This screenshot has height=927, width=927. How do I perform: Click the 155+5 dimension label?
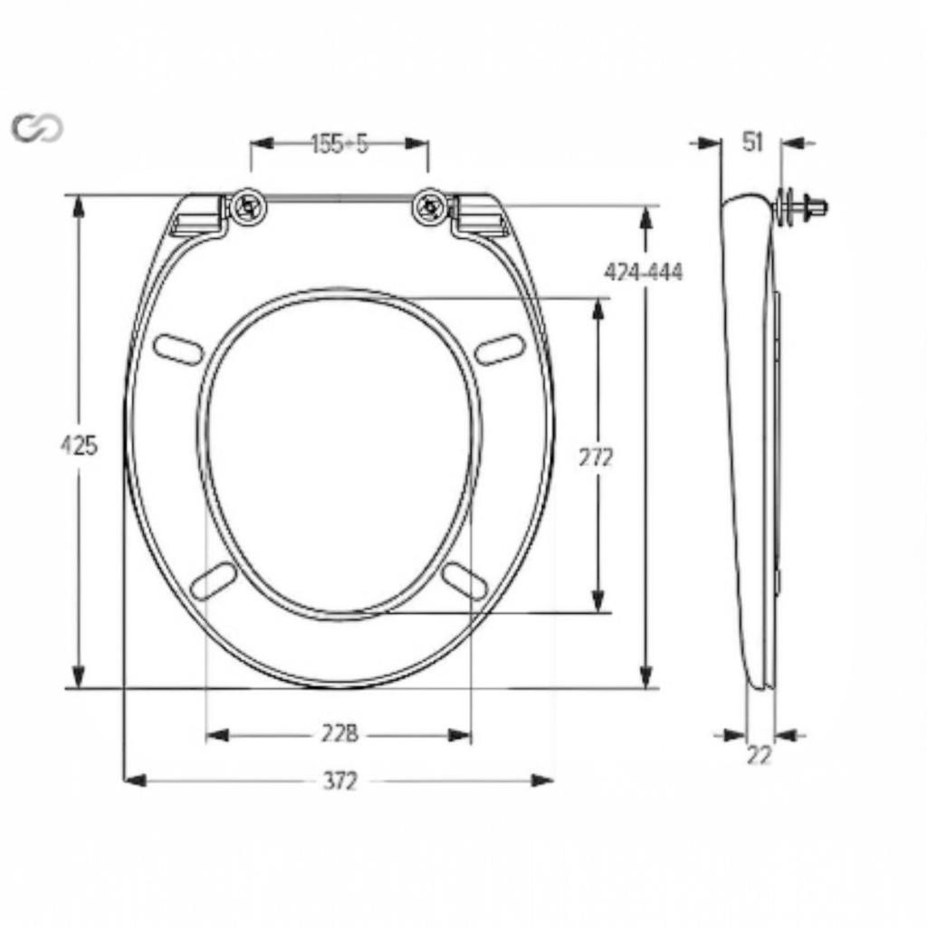click(x=339, y=144)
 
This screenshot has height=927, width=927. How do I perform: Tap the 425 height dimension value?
click(x=78, y=445)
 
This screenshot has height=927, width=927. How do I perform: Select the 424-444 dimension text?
click(x=644, y=272)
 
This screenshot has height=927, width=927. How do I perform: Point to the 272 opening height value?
click(x=596, y=457)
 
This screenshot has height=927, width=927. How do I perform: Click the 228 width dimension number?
click(x=340, y=734)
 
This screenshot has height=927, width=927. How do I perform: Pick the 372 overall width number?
click(x=340, y=781)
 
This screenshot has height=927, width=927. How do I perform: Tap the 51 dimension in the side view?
click(x=752, y=142)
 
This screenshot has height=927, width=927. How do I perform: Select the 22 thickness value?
click(x=760, y=755)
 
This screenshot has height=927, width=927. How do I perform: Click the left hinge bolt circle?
click(x=248, y=206)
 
